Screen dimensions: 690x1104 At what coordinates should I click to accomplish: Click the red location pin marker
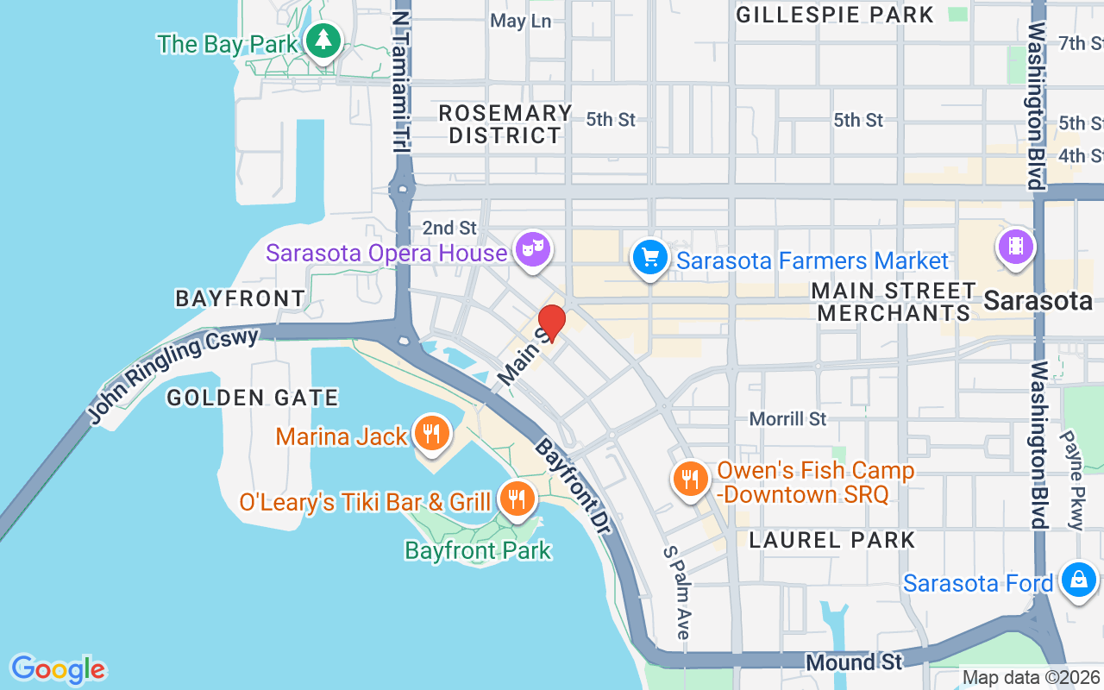551,322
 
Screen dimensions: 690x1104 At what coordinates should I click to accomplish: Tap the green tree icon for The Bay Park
323,40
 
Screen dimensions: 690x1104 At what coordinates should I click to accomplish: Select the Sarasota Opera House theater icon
532,250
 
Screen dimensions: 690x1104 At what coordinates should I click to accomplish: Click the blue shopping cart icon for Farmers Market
650,257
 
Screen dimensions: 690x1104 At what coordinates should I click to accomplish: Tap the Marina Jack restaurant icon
430,433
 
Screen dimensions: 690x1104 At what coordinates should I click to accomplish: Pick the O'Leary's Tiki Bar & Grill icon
517,499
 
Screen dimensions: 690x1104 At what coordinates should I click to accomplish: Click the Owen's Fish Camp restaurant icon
689,479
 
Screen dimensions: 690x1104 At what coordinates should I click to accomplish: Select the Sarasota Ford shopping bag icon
1078,580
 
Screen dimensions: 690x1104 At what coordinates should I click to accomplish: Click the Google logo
58,669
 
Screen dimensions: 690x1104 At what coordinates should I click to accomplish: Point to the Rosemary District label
505,124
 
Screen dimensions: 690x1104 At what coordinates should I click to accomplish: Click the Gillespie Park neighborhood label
835,15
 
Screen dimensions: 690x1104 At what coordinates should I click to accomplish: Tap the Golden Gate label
253,398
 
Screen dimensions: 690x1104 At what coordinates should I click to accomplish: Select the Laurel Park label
832,540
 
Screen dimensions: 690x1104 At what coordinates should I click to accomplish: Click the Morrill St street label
787,419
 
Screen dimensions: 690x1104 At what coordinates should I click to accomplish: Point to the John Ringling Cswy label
172,376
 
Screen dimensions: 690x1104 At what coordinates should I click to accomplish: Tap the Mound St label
854,662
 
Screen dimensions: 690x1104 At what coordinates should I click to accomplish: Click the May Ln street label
520,21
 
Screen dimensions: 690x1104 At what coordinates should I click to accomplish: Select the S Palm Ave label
678,592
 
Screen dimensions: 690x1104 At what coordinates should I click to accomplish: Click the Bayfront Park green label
478,550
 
